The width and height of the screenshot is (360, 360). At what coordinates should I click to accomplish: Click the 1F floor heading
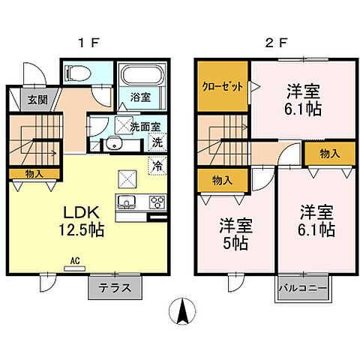pos(88,42)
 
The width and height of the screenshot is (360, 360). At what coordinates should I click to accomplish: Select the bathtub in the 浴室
pos(141,77)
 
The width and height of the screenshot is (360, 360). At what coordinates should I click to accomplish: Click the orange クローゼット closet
pos(223,86)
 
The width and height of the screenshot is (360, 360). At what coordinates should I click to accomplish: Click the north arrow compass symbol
pos(180,311)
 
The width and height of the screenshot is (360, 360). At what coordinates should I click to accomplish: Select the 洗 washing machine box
pos(157,142)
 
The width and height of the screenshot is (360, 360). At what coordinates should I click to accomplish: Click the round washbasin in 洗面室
pos(114,144)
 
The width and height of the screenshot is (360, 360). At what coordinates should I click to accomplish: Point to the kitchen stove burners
pos(157,201)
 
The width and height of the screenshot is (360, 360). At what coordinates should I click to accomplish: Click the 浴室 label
pos(141,96)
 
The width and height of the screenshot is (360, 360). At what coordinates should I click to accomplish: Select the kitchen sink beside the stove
pos(126,201)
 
